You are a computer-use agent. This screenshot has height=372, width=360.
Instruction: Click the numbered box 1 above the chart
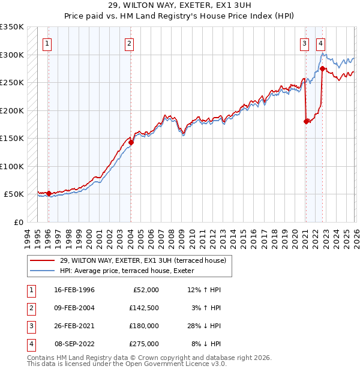pyautogui.click(x=47, y=43)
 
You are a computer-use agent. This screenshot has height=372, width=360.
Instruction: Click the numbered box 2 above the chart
pyautogui.click(x=129, y=43)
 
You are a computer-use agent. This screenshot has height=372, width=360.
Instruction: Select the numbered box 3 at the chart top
pyautogui.click(x=305, y=43)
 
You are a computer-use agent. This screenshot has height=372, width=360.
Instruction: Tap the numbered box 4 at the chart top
pyautogui.click(x=321, y=43)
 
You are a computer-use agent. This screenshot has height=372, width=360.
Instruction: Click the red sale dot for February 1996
pyautogui.click(x=49, y=193)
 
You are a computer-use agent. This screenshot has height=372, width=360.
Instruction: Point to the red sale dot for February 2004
pyautogui.click(x=131, y=142)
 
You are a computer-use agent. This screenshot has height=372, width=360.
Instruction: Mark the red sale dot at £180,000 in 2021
pyautogui.click(x=306, y=121)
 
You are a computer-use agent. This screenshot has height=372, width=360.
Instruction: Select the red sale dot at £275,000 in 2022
pyautogui.click(x=322, y=68)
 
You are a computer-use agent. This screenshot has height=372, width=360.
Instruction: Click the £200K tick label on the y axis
pyautogui.click(x=12, y=110)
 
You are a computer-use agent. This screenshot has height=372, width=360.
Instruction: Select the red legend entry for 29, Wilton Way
pyautogui.click(x=142, y=260)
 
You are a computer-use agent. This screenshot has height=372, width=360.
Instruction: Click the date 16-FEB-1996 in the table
pyautogui.click(x=74, y=290)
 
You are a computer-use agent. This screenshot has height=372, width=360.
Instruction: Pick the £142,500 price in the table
pyautogui.click(x=145, y=308)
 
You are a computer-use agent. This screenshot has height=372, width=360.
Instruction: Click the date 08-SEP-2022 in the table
pyautogui.click(x=74, y=344)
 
